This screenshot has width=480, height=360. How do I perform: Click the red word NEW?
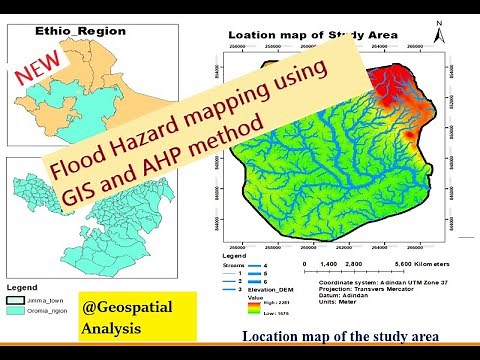[36, 71]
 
